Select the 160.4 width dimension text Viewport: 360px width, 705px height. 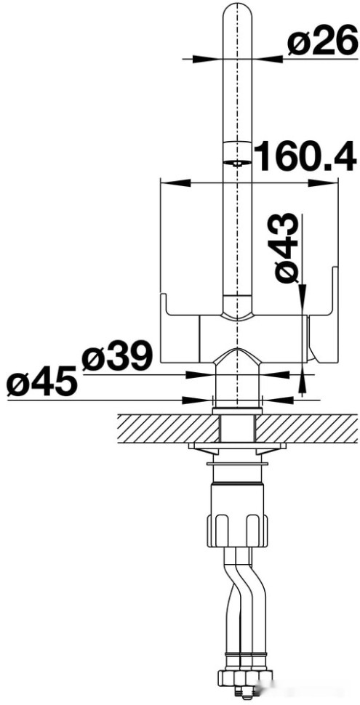click(x=305, y=156)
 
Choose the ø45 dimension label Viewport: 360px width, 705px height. click(x=41, y=382)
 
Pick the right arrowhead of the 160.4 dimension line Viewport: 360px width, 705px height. click(x=334, y=182)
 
